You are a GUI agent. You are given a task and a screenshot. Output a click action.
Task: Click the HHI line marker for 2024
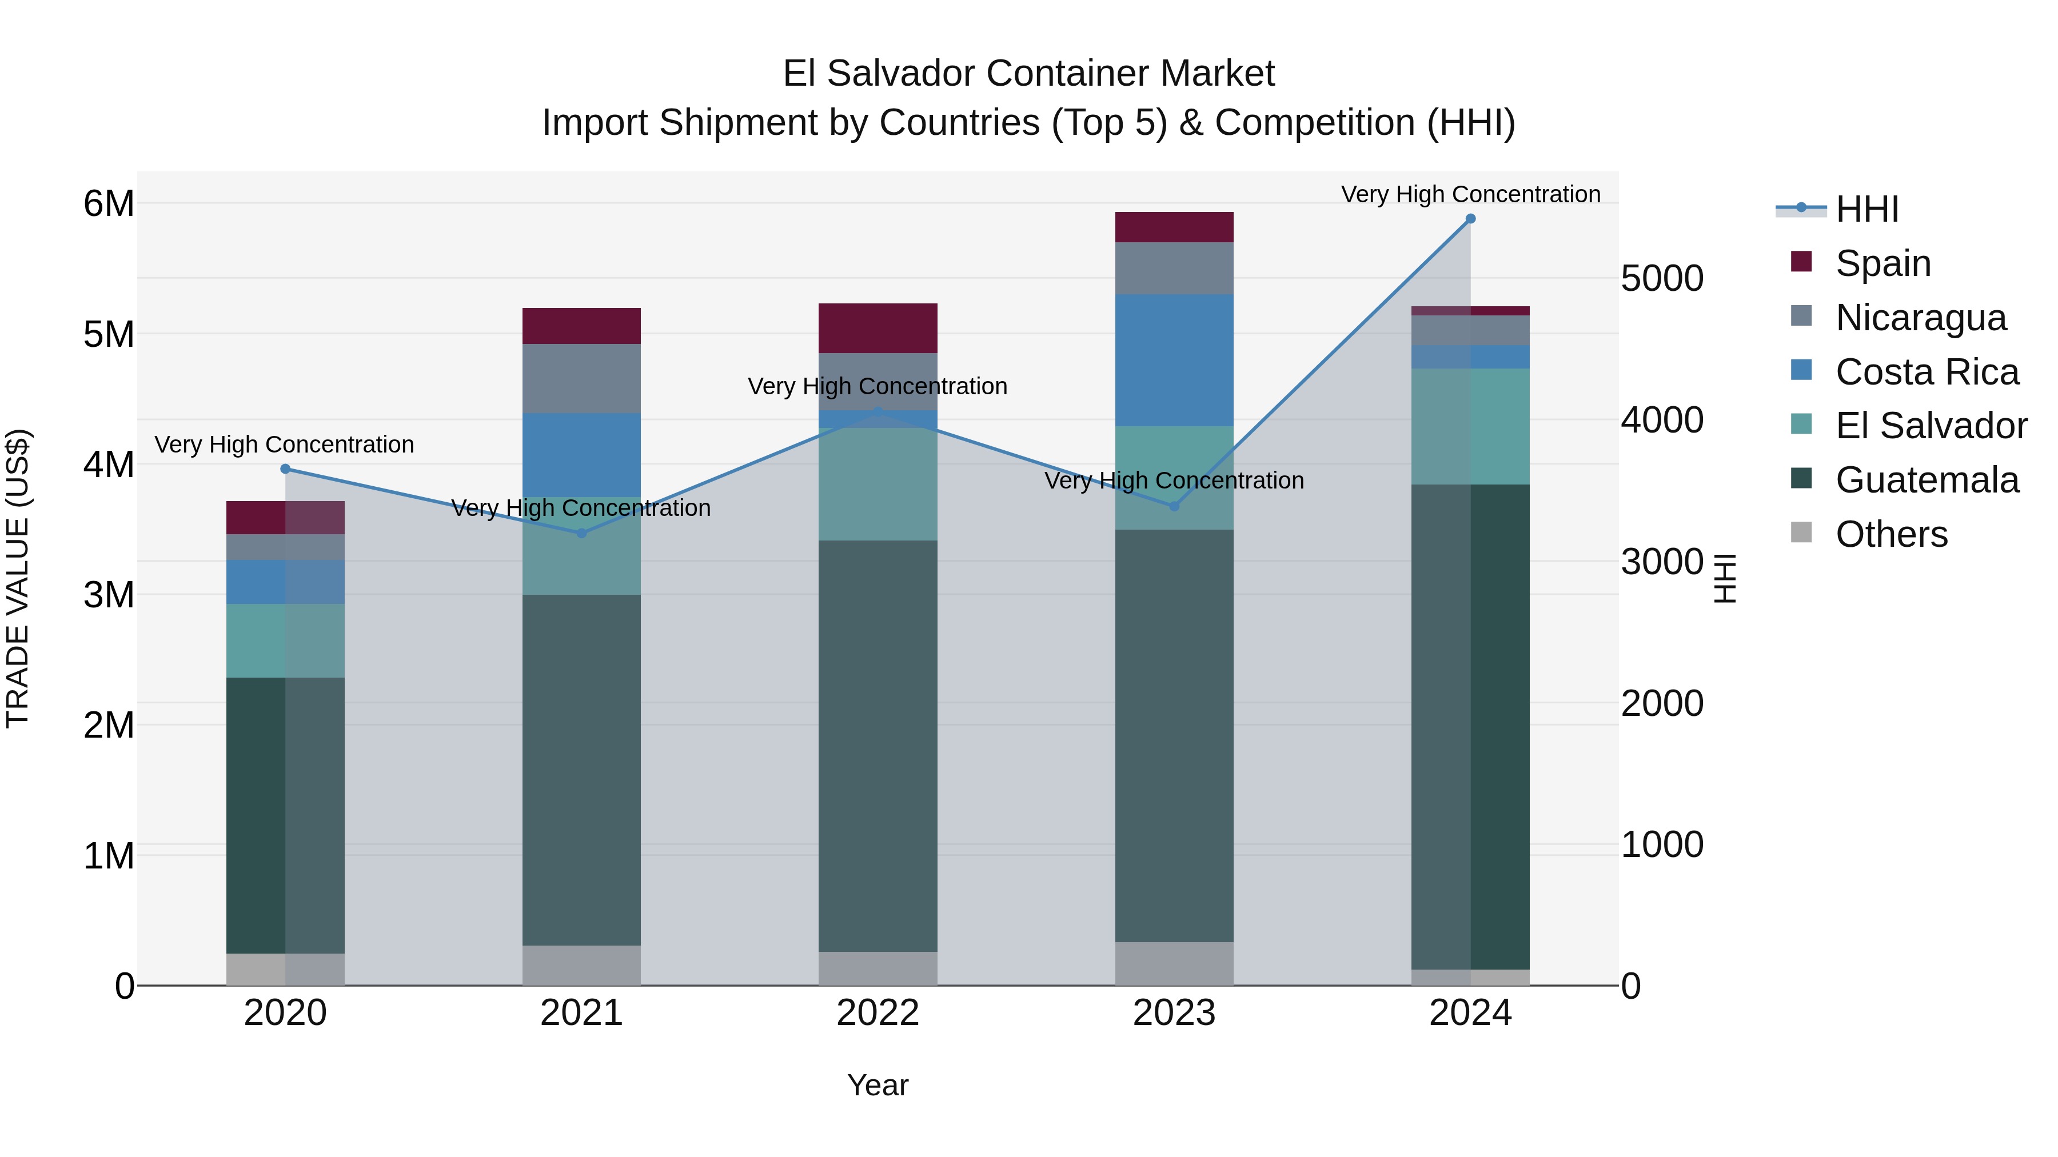(x=1470, y=219)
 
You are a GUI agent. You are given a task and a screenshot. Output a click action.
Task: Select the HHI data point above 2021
(x=581, y=534)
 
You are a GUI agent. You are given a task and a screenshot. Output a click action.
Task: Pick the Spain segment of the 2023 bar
(x=1174, y=227)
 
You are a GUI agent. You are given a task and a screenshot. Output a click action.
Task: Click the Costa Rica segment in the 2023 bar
(x=1174, y=359)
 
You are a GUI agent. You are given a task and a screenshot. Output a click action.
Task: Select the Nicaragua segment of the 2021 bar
(x=581, y=378)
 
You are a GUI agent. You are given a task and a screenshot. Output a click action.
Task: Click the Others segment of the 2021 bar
(x=581, y=966)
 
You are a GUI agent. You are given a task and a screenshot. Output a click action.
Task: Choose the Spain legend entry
(x=1883, y=263)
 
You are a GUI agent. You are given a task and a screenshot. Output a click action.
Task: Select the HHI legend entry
(x=1867, y=209)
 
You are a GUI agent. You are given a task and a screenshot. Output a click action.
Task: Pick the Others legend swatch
(x=1801, y=533)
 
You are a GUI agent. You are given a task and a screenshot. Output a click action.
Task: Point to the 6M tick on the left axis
(x=109, y=203)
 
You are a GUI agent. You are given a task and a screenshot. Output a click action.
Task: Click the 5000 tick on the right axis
(x=1662, y=279)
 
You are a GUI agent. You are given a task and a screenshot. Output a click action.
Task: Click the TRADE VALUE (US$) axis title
(x=18, y=578)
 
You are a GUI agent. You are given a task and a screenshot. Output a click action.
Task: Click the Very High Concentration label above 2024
(x=1470, y=194)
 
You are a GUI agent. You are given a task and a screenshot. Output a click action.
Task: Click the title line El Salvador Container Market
(x=1028, y=74)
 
